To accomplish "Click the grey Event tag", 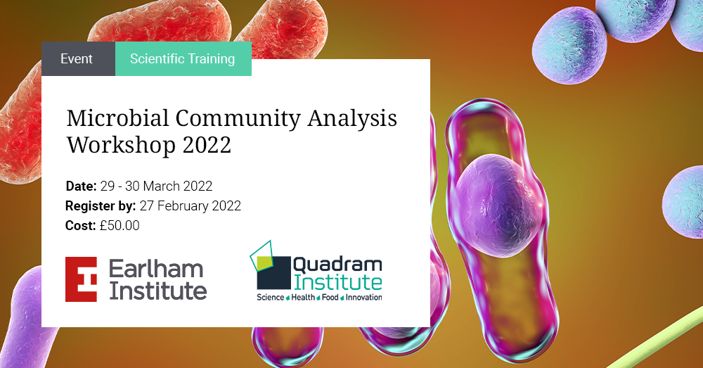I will pos(77,59).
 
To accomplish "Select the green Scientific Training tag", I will pos(182,59).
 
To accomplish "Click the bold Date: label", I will pos(81,186).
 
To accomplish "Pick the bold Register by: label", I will pos(100,206).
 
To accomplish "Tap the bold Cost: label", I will pos(80,226).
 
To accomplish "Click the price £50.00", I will pos(120,226).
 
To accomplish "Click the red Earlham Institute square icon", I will pos(81,279).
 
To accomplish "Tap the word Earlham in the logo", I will pos(156,268).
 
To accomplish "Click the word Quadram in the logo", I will pos(338,265).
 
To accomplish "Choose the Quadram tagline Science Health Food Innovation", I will pos(319,298).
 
